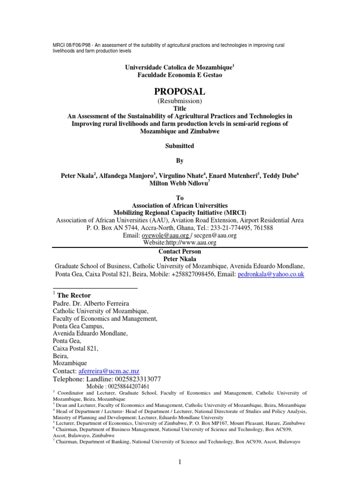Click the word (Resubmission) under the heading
tap(180, 101)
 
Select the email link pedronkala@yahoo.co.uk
tap(271, 274)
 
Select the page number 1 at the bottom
tap(180, 462)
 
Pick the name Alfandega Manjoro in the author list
tap(124, 176)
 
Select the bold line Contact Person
tap(180, 251)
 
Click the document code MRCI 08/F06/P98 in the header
tap(69, 45)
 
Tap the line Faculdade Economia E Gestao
tap(180, 75)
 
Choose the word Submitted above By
tap(180, 146)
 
